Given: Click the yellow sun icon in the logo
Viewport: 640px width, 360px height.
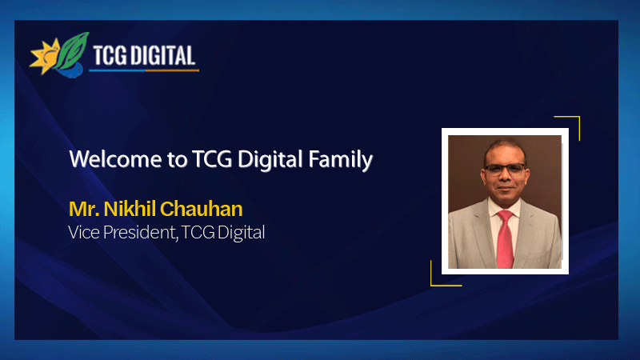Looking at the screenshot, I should coord(45,58).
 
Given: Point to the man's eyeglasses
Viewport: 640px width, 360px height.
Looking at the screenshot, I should coord(505,169).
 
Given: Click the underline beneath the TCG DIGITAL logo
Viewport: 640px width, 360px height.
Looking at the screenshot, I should coord(144,70).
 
